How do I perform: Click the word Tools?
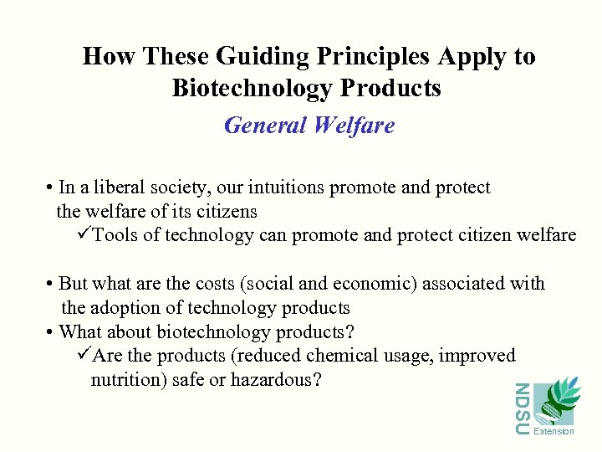(x=115, y=235)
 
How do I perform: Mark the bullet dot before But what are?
(x=51, y=284)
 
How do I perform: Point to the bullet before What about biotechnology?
(x=51, y=331)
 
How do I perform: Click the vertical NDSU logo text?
(x=521, y=408)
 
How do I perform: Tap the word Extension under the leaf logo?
(x=554, y=431)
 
